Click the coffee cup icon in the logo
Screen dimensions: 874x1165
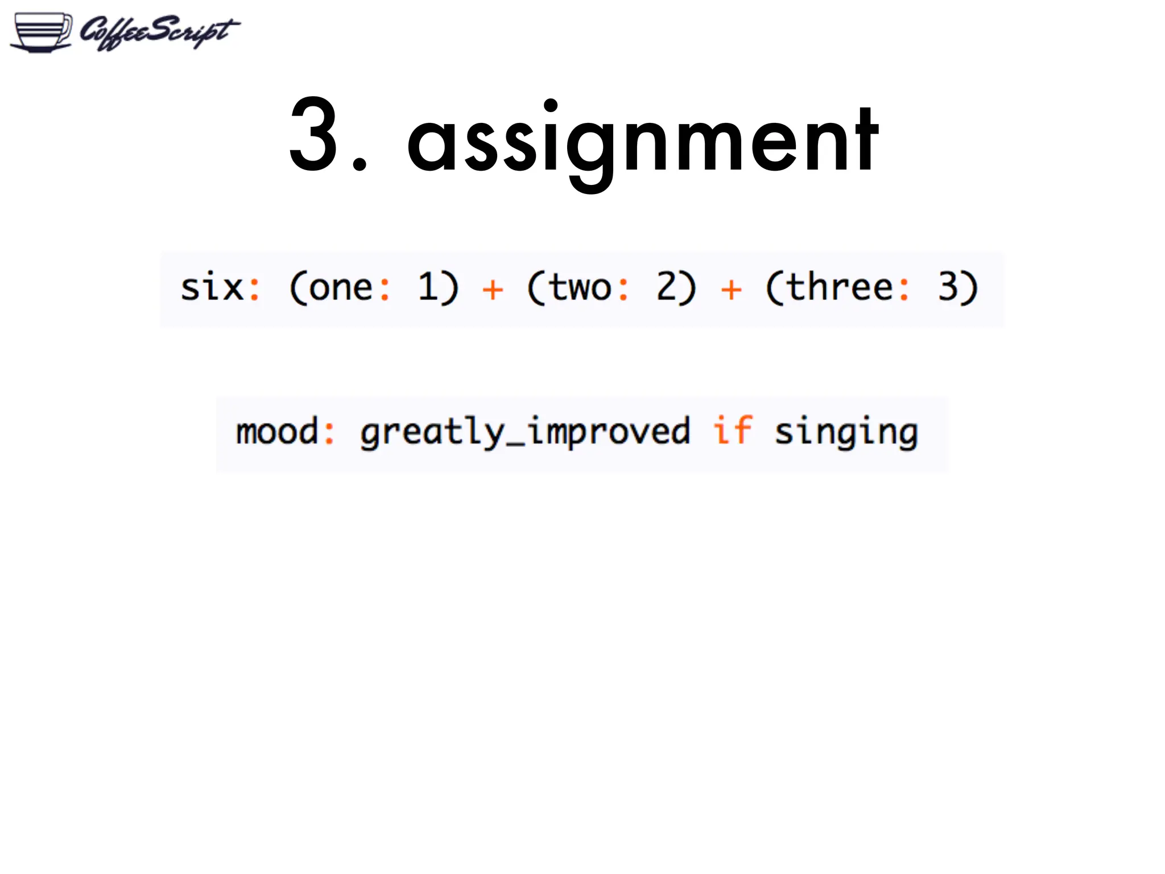pos(42,32)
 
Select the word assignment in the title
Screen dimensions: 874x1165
pos(643,140)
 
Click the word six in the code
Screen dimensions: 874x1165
pos(212,287)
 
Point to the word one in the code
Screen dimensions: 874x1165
pos(340,287)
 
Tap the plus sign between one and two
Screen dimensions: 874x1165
pos(493,290)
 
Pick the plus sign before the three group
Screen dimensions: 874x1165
pos(731,290)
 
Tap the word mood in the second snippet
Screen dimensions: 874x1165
pos(277,431)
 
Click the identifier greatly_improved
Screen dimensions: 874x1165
pos(525,432)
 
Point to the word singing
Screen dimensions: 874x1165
pos(846,432)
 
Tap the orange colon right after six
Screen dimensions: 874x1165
pos(254,289)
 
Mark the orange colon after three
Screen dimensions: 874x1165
pos(904,288)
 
